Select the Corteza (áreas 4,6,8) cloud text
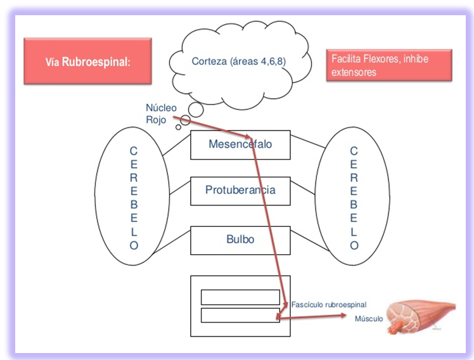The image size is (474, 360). (x=238, y=61)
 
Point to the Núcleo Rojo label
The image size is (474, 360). (x=161, y=113)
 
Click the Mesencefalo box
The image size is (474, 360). (x=240, y=145)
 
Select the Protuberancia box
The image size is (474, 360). (x=240, y=190)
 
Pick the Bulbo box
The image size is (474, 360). (x=240, y=240)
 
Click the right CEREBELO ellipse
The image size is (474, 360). (x=353, y=197)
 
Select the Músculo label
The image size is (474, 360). (x=368, y=319)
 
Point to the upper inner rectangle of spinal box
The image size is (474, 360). (x=240, y=297)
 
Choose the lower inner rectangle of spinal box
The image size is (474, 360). (x=240, y=314)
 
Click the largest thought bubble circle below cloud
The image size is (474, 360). (x=196, y=110)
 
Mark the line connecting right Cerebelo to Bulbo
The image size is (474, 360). (x=304, y=239)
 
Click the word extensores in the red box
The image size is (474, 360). (x=352, y=72)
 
